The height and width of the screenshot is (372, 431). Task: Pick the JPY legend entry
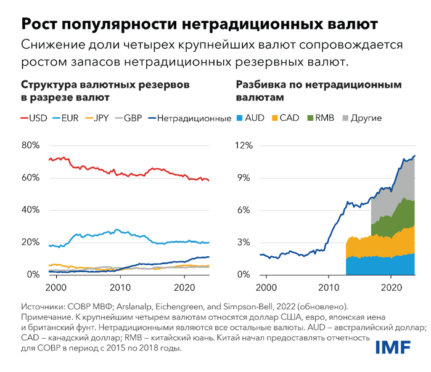[101, 117]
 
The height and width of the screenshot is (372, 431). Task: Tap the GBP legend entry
[132, 117]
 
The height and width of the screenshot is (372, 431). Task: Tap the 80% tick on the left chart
[30, 146]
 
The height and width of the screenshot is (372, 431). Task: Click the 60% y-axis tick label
[30, 178]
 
